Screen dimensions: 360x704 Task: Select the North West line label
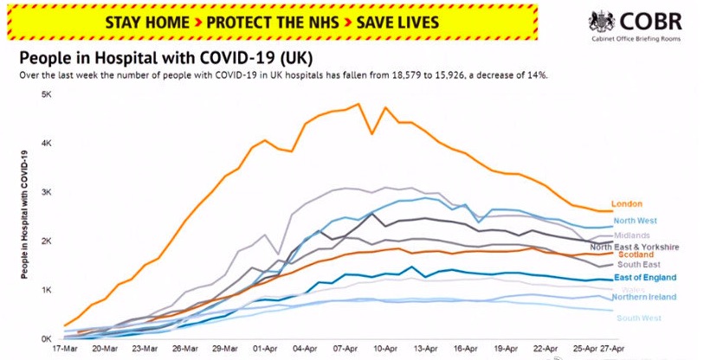click(x=634, y=220)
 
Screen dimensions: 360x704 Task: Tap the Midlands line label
click(x=631, y=235)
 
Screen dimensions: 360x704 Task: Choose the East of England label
click(x=645, y=277)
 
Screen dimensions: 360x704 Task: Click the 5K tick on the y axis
click(x=47, y=93)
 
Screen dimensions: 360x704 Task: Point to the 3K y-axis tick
click(x=47, y=191)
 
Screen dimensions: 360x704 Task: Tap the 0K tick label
click(x=47, y=338)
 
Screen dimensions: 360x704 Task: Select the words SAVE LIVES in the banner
click(x=391, y=22)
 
